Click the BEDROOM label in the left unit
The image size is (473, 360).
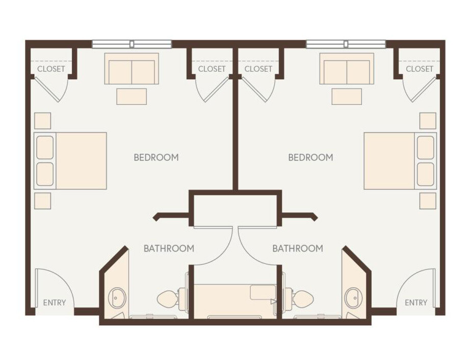coord(156,157)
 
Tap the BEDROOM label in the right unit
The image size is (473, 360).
coord(310,157)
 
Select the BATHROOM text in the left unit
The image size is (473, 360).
coord(169,248)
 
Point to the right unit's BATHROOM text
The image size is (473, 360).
coord(298,248)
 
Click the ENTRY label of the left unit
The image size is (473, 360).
coord(54,302)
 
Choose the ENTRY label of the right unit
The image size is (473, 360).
coord(416,302)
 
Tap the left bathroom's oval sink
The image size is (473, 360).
coord(119,297)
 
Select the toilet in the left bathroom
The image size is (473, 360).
coord(168,298)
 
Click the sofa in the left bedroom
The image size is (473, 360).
coord(132,69)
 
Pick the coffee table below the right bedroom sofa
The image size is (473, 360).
coord(347,96)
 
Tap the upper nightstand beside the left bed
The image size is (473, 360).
coord(43,121)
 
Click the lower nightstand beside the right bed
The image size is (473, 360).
coord(428,201)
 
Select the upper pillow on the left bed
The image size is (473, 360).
coord(45,148)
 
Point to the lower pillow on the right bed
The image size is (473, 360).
coord(426,174)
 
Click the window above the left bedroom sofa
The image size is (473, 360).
coord(132,44)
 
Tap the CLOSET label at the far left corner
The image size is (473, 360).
coord(51,69)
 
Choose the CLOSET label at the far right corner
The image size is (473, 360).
coord(419,69)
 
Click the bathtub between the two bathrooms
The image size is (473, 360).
coord(235,300)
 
